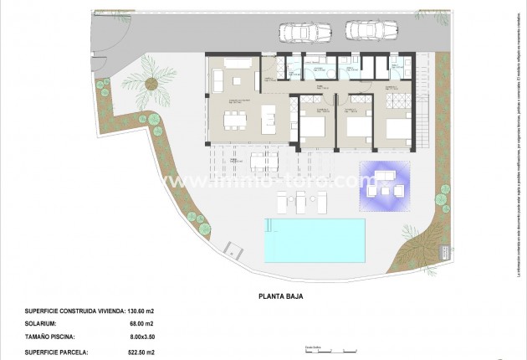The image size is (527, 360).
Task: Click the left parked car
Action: pos(299,31)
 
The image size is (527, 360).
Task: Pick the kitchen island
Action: pos(269,119)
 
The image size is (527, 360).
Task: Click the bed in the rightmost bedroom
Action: pos(398,126)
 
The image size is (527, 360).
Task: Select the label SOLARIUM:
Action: pos(41,324)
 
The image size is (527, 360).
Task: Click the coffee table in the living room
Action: pos(237,81)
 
